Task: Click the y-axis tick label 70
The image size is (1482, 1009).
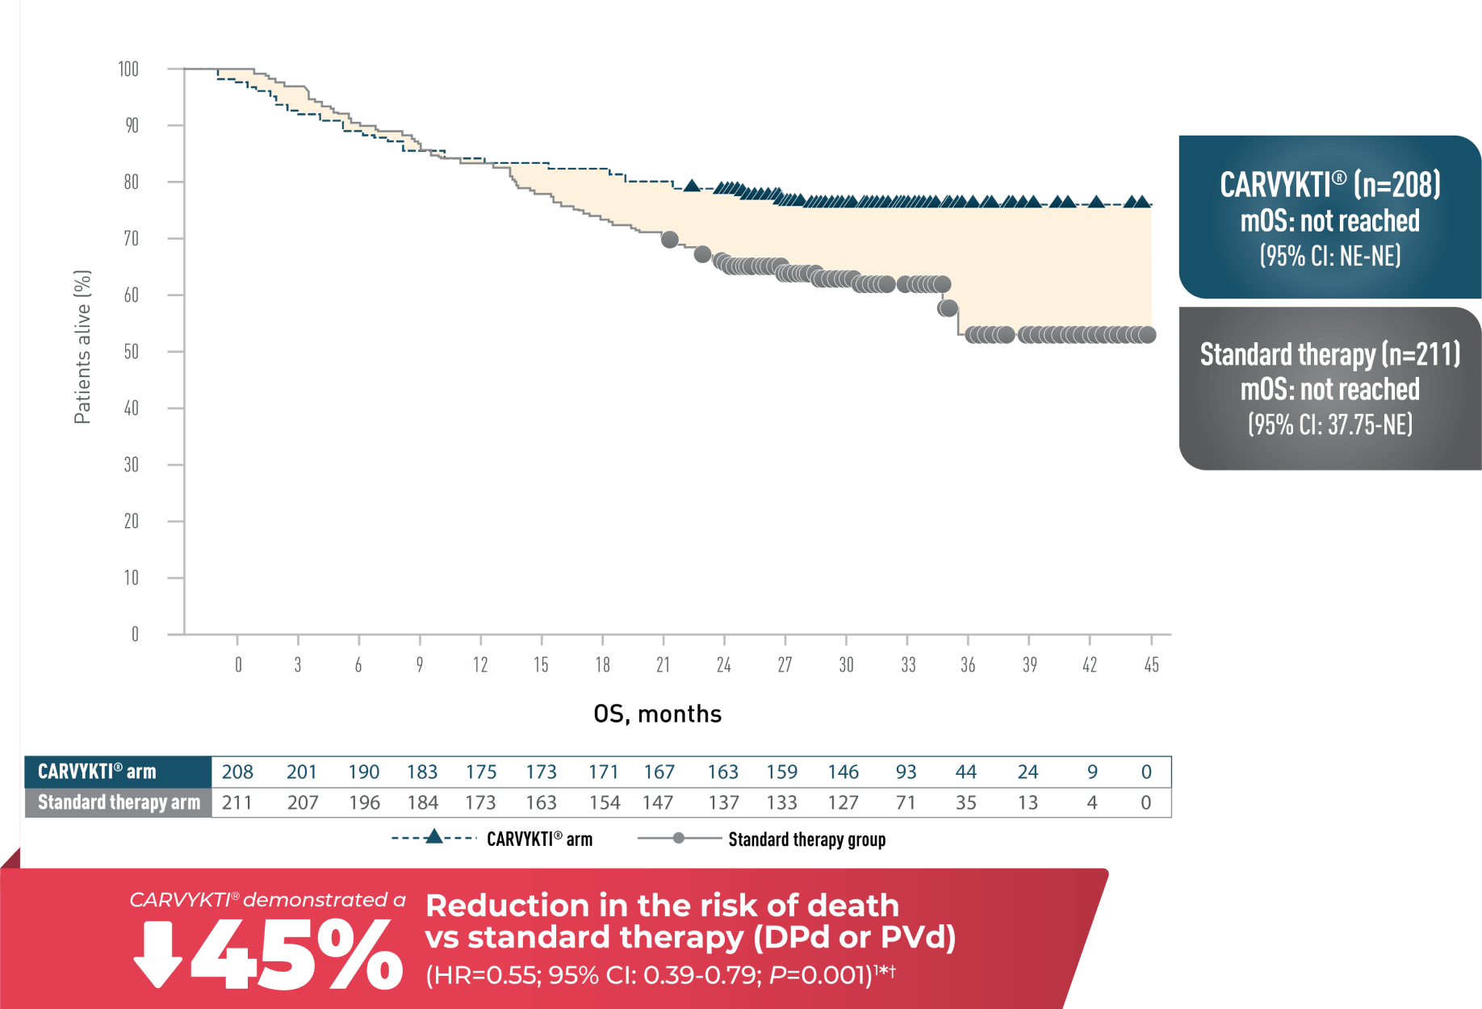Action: tap(131, 239)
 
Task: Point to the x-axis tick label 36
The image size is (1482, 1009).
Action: tap(968, 665)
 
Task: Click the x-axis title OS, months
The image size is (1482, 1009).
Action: tap(657, 714)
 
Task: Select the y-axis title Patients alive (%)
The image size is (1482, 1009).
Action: tap(82, 347)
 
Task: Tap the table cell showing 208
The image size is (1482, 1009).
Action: tap(237, 772)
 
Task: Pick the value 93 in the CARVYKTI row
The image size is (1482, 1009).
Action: tap(906, 772)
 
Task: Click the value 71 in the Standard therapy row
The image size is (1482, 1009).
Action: tap(906, 802)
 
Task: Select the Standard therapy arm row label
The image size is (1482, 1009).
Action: tap(119, 802)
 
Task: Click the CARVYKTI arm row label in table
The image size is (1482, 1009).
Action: tap(97, 772)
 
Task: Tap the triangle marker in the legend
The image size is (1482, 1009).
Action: tap(434, 837)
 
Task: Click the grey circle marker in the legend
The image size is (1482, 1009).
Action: tap(679, 838)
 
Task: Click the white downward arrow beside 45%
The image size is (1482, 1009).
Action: tap(157, 955)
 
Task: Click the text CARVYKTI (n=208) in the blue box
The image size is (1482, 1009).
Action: tap(1329, 185)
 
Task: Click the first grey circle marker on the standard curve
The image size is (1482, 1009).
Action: tap(669, 240)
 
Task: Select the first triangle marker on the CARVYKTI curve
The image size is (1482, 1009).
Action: tap(692, 186)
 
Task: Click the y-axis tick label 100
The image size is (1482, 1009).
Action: tap(128, 69)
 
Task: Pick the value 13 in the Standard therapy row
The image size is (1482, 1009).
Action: tap(1028, 802)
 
